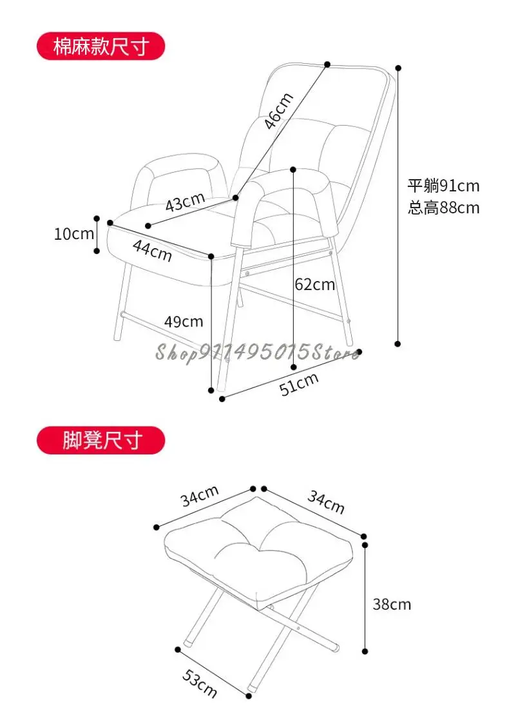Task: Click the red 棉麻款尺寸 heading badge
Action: tap(101, 48)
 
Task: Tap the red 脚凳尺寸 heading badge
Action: tap(101, 441)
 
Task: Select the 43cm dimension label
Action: tap(185, 204)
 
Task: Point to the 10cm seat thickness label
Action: tap(73, 233)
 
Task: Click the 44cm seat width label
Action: tap(153, 250)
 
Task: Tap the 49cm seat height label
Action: tap(184, 321)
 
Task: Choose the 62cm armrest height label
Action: tap(314, 284)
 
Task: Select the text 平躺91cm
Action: tap(443, 186)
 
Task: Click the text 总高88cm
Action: tap(443, 208)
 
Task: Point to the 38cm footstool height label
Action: tap(391, 604)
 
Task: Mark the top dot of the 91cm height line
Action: tap(398, 67)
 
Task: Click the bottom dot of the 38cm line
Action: tap(365, 652)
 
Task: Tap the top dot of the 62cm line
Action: tap(294, 170)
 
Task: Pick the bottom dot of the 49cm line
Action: tap(211, 389)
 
